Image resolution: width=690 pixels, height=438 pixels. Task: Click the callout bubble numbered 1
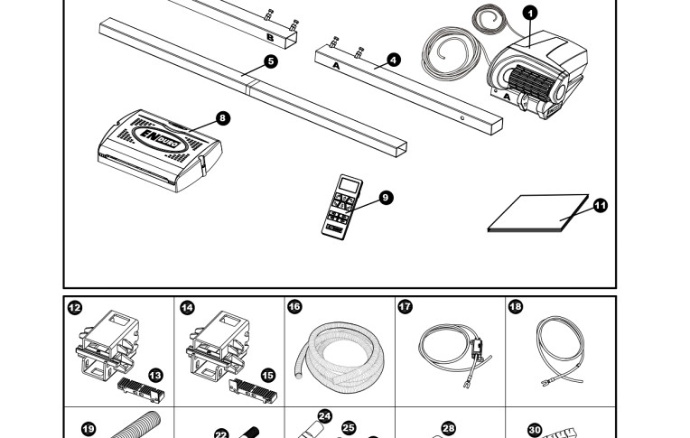tap(530, 12)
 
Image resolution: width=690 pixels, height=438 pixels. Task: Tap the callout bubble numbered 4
tap(393, 60)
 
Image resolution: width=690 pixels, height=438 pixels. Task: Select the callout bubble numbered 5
tap(271, 61)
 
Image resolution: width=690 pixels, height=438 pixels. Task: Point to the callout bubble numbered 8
tap(223, 118)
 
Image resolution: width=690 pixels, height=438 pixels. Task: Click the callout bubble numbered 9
tap(387, 197)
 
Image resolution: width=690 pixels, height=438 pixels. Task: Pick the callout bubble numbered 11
tap(601, 205)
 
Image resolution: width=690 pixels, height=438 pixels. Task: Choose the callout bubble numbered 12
tap(75, 308)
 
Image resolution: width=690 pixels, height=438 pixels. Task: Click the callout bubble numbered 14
tap(186, 308)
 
